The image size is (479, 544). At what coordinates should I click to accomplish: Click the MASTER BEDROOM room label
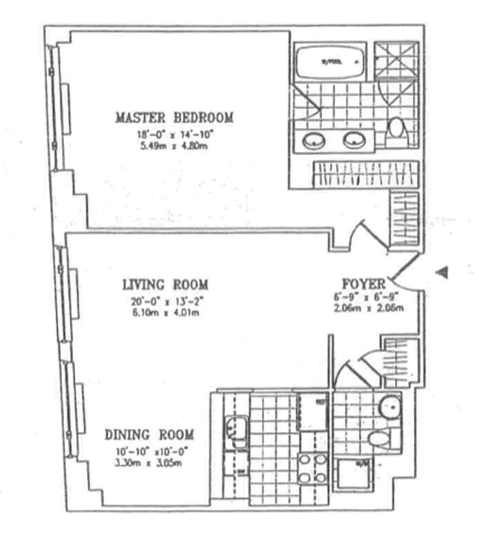[x=174, y=117]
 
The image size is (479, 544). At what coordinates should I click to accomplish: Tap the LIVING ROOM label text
[x=165, y=284]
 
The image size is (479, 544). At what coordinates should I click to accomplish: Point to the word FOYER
[x=365, y=284]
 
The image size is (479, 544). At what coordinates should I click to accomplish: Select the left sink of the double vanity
[x=313, y=141]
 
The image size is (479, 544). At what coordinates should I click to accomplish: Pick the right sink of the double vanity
[x=354, y=141]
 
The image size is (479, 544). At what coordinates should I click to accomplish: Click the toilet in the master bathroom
[x=395, y=130]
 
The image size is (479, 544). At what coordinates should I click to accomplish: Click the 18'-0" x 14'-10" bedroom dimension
[x=174, y=135]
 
